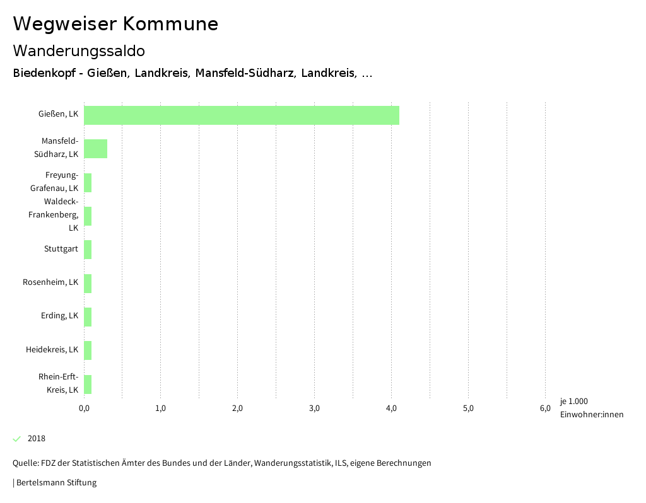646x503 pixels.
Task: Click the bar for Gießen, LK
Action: [241, 115]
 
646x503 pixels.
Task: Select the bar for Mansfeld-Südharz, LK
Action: [95, 149]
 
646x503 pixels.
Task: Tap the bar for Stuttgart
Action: [88, 250]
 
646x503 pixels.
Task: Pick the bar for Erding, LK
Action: [88, 317]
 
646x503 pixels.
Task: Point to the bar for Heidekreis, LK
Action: [88, 350]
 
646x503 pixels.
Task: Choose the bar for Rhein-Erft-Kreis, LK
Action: [88, 384]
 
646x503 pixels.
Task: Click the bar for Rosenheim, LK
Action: [88, 284]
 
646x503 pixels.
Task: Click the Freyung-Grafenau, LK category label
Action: [54, 182]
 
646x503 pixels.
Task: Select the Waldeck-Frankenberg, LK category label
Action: [54, 214]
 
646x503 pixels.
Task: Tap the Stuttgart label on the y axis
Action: [61, 249]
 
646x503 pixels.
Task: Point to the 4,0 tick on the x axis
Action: [391, 408]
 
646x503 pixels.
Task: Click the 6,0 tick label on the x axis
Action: [545, 408]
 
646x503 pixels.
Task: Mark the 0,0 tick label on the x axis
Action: [84, 408]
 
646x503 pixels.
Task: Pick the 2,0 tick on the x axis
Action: [238, 408]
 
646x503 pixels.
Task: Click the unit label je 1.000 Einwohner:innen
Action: [591, 408]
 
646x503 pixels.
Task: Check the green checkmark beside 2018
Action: [17, 439]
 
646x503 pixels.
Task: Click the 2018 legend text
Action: [37, 439]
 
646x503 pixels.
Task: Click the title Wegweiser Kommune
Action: [115, 24]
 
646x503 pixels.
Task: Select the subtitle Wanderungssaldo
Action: [79, 50]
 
